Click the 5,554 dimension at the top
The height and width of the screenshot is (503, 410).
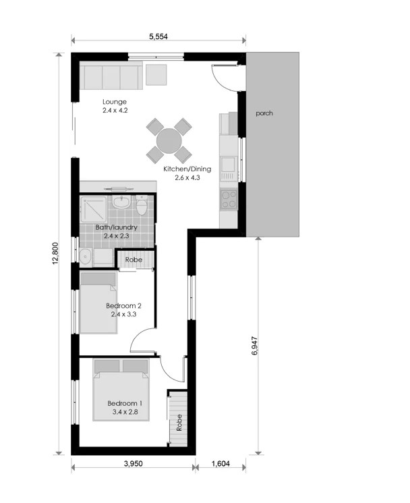pyautogui.click(x=158, y=36)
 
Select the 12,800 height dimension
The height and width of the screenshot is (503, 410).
pyautogui.click(x=55, y=253)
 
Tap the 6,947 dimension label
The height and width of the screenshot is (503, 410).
pyautogui.click(x=255, y=345)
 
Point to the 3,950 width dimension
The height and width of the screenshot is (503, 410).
pyautogui.click(x=133, y=463)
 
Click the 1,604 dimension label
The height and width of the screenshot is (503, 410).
pyautogui.click(x=221, y=463)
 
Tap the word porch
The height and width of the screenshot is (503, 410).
pyautogui.click(x=264, y=113)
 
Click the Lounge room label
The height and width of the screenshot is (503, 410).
pyautogui.click(x=115, y=102)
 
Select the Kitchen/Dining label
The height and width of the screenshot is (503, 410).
pyautogui.click(x=187, y=169)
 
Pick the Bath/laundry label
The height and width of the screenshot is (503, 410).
pyautogui.click(x=117, y=227)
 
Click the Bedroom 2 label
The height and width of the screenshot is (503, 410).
pyautogui.click(x=123, y=305)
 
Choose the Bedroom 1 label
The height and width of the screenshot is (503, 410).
pyautogui.click(x=125, y=403)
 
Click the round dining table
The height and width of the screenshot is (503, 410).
pyautogui.click(x=169, y=141)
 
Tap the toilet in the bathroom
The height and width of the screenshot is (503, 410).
pyautogui.click(x=142, y=205)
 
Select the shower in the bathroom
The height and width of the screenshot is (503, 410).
pyautogui.click(x=94, y=209)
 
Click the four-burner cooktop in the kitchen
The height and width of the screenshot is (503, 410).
pyautogui.click(x=229, y=200)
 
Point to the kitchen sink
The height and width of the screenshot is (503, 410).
pyautogui.click(x=229, y=165)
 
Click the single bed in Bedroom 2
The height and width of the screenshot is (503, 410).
pyautogui.click(x=98, y=303)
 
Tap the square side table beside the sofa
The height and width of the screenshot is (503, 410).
pyautogui.click(x=156, y=75)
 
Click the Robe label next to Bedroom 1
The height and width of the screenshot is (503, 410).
pyautogui.click(x=179, y=423)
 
